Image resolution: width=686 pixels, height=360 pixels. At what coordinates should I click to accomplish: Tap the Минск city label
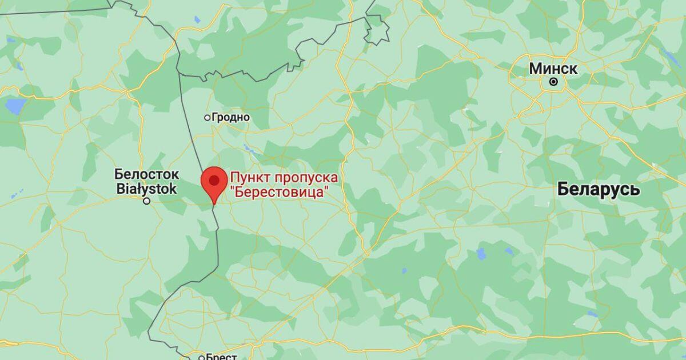(x=553, y=69)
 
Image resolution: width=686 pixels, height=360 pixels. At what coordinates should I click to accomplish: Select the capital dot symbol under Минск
(x=553, y=82)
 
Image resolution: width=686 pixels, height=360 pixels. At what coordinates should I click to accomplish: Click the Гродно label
(x=231, y=117)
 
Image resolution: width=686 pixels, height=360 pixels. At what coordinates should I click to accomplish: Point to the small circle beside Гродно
(x=208, y=117)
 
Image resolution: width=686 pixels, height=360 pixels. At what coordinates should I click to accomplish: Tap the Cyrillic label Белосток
(x=147, y=173)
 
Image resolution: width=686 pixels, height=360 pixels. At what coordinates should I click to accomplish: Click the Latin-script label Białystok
(x=146, y=189)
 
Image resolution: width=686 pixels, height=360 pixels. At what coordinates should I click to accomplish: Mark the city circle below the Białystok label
(x=147, y=201)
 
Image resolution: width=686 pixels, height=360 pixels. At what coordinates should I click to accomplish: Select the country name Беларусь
(x=599, y=189)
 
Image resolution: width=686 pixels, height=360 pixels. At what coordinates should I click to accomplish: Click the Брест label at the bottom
(x=221, y=357)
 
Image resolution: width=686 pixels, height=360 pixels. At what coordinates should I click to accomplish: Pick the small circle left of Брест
(x=201, y=357)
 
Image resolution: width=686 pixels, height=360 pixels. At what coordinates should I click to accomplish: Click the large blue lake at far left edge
(x=15, y=106)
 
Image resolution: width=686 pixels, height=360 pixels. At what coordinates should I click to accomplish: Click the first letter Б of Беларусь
(x=563, y=189)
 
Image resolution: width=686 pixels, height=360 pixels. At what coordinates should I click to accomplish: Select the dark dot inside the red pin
(x=214, y=180)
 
